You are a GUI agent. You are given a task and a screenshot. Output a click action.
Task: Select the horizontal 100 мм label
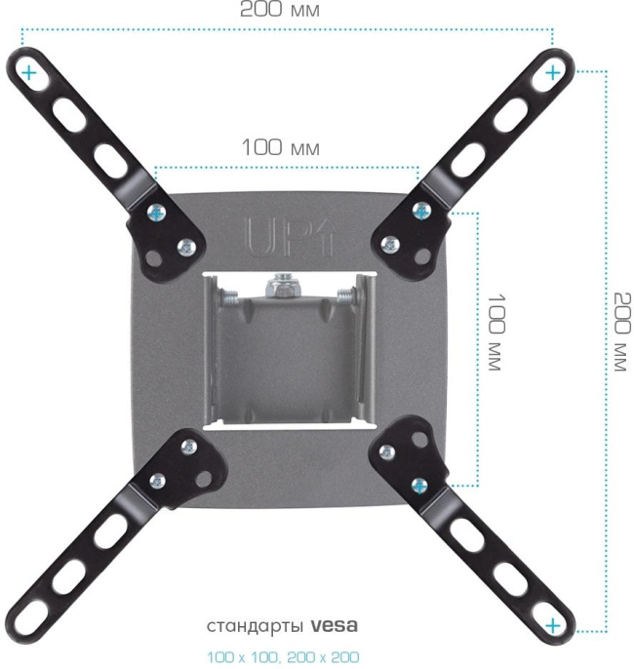tap(281, 148)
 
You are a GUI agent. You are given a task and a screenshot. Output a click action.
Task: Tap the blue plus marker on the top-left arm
tap(28, 72)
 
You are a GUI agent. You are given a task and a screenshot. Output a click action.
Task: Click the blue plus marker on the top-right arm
tap(553, 71)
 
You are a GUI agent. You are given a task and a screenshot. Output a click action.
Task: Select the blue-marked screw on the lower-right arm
tap(418, 483)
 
